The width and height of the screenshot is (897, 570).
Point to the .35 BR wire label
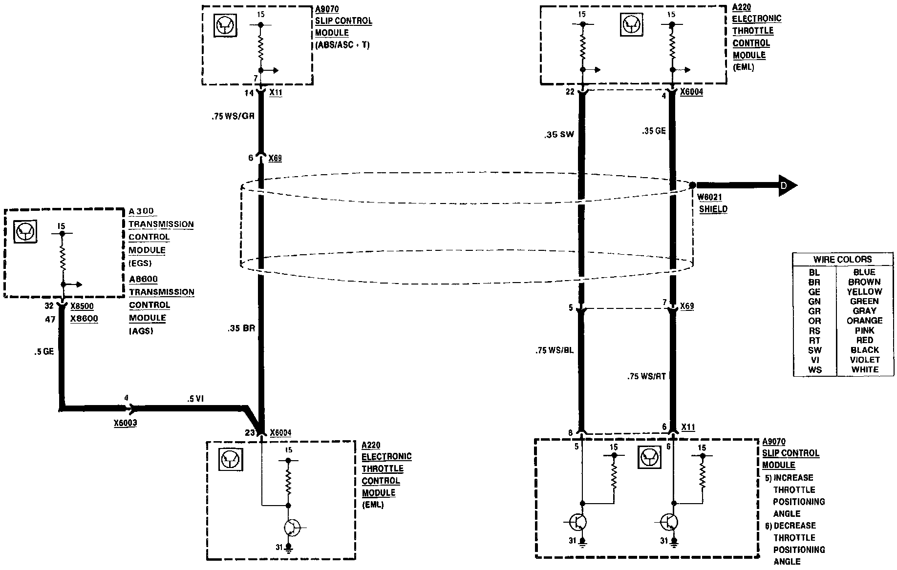(241, 328)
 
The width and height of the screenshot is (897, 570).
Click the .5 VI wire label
(195, 399)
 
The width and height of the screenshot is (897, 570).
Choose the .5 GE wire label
(44, 351)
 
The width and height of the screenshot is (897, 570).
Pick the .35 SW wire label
(559, 134)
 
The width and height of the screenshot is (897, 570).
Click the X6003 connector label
(125, 423)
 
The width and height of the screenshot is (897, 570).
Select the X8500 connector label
(82, 306)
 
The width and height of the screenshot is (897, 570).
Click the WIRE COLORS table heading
(842, 259)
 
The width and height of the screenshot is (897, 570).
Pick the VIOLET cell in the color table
(864, 360)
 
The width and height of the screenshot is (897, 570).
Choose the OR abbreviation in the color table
(814, 321)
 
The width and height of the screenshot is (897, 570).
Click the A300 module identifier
(141, 211)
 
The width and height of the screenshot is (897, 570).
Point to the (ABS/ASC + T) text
(342, 45)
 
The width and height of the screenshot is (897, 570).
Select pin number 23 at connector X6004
(250, 432)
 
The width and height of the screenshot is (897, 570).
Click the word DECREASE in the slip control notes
(794, 526)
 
